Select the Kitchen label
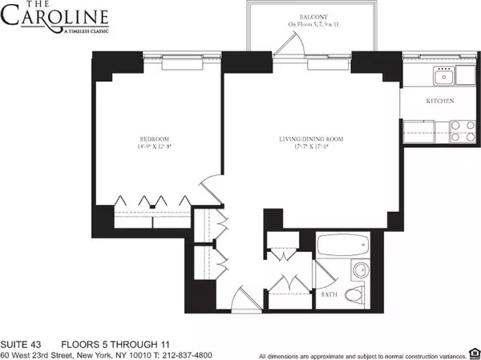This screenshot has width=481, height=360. (440, 101)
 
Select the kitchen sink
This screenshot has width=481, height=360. (442, 77)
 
